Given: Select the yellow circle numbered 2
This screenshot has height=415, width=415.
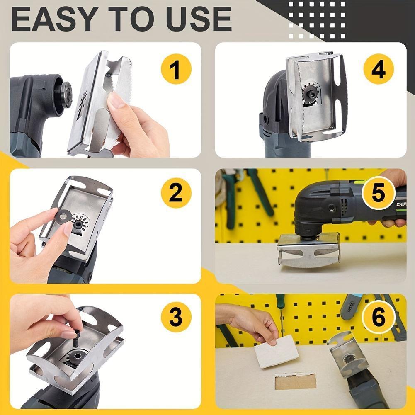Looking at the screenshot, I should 175,193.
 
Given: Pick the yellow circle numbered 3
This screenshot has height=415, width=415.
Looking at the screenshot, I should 175,318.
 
